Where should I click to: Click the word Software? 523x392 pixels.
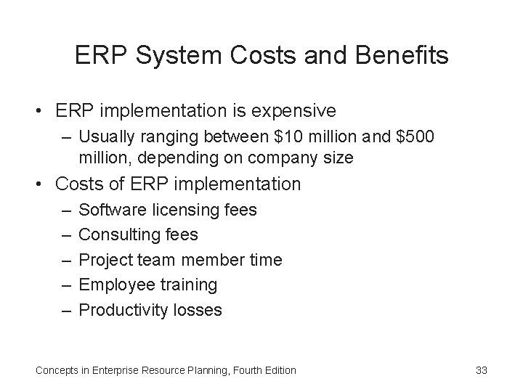pos(110,210)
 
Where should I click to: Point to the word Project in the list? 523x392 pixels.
pos(103,260)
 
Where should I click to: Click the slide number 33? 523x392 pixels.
pos(481,370)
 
